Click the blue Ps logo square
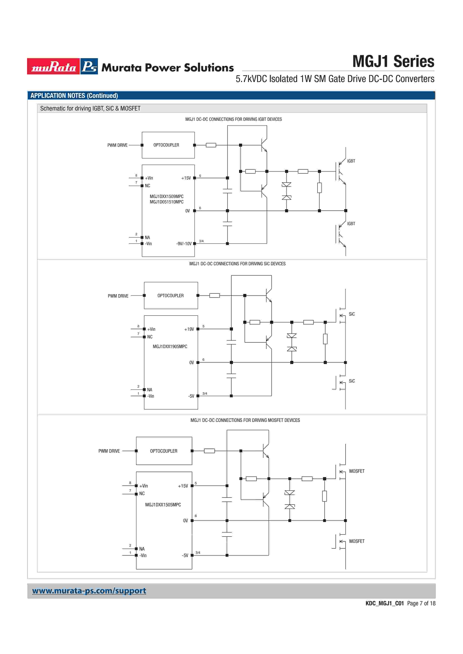(89, 66)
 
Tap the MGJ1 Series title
(393, 62)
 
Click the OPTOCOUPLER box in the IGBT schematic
(168, 145)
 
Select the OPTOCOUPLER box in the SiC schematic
(171, 295)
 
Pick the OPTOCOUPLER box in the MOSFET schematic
(164, 451)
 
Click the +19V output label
(189, 329)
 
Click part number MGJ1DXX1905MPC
(170, 346)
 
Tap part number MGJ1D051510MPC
(167, 202)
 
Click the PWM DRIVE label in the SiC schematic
(118, 296)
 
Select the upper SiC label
(352, 314)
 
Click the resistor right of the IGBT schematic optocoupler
(211, 145)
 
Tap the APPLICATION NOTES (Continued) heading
(74, 96)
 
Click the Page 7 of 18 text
(421, 603)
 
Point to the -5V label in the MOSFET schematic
(185, 555)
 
